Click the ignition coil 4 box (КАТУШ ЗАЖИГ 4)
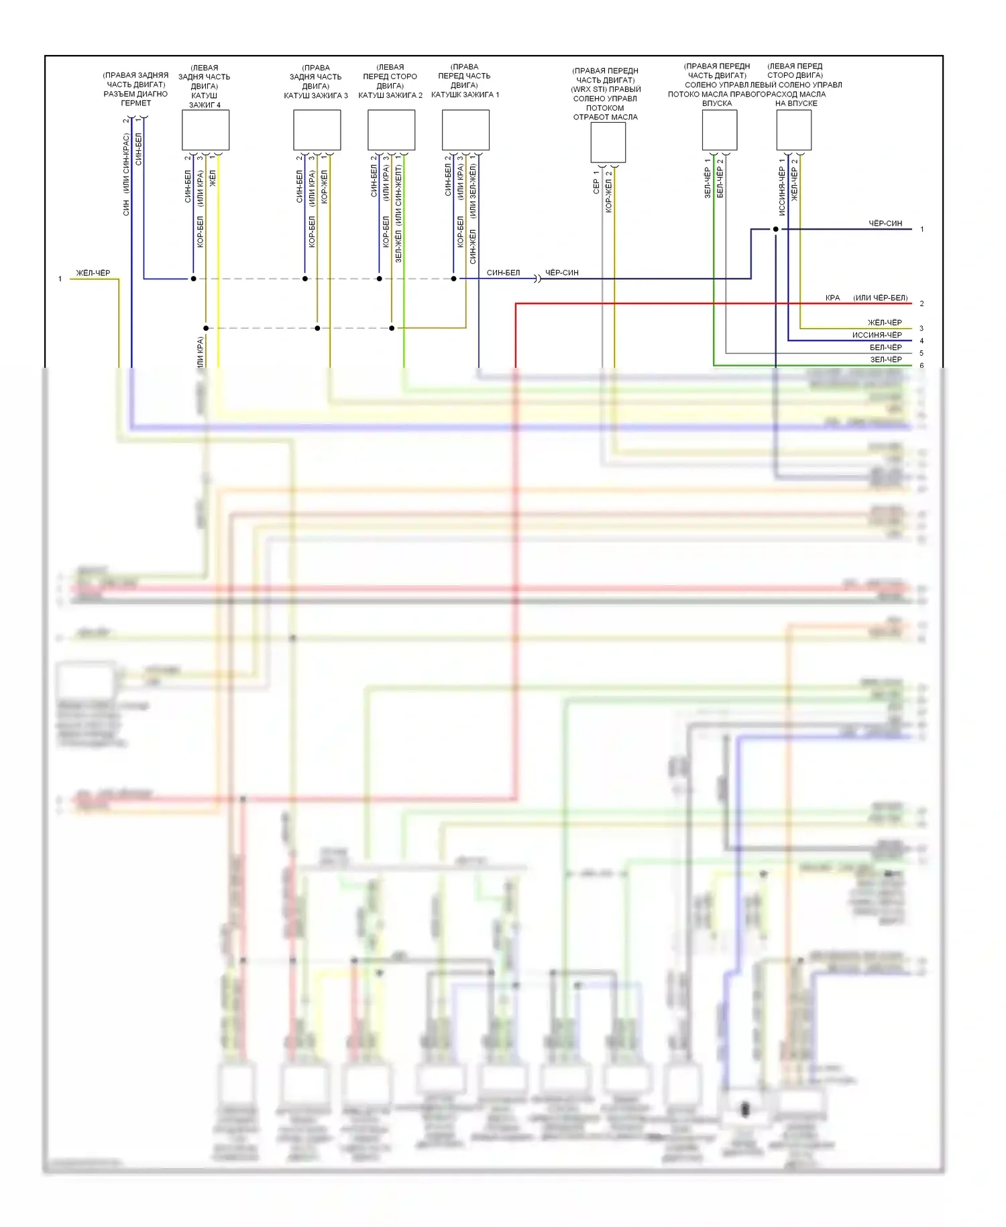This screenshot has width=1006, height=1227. tap(205, 130)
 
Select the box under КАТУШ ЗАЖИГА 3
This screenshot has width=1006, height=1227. tap(317, 130)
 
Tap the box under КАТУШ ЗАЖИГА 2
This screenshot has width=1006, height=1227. tap(391, 130)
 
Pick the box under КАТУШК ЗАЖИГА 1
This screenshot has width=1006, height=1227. tap(465, 130)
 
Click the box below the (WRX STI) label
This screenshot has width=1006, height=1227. tap(608, 142)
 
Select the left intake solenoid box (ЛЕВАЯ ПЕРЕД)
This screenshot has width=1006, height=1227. tap(793, 130)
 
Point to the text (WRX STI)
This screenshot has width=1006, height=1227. tap(606, 89)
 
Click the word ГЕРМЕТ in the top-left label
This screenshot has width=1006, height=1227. tap(136, 103)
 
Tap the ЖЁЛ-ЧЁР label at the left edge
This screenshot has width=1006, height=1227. tap(93, 273)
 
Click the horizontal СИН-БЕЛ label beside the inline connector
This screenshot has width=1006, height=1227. tap(503, 273)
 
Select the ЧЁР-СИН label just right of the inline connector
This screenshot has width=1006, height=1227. tap(561, 273)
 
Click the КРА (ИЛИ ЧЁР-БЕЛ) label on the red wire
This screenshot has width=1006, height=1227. tap(867, 298)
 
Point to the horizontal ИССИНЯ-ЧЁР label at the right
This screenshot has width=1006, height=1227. tap(877, 335)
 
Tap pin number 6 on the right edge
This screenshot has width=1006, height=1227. tap(921, 366)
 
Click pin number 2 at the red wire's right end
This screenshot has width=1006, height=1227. tap(921, 304)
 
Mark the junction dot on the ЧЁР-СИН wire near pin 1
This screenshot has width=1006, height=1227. tap(776, 230)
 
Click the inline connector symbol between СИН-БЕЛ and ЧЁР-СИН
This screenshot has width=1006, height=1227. tap(537, 279)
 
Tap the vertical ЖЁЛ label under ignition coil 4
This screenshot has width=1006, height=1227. tap(213, 178)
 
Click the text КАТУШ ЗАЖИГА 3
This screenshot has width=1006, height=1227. tap(315, 96)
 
